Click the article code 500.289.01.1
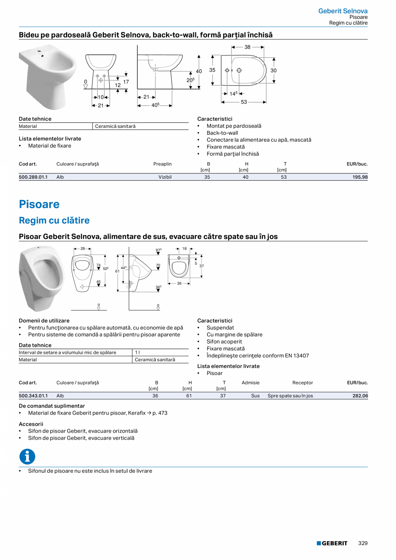pos(33,177)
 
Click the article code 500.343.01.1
pos(33,396)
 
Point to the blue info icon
pos(27,457)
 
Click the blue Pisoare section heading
pos(39,204)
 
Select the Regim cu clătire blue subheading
pos(54,220)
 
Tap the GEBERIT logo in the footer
pos(332,543)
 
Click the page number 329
pos(363,543)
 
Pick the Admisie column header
pos(251,383)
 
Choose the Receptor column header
pos(303,383)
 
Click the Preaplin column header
pos(162,164)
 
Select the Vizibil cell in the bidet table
pos(165,177)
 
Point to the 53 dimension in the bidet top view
pos(244,102)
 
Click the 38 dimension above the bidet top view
pos(247,47)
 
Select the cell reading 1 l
pos(137,353)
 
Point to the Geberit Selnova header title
pos(343,11)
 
